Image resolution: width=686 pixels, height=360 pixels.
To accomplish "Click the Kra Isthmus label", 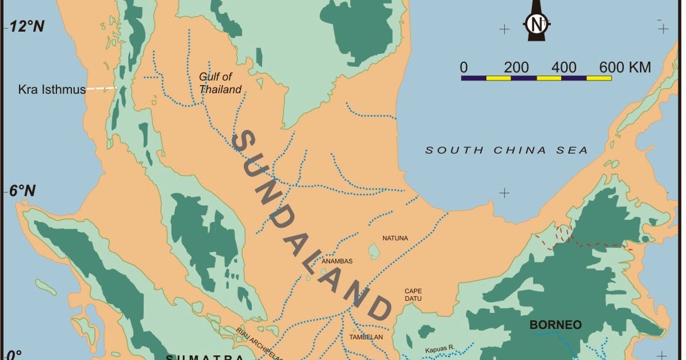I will point(52,90).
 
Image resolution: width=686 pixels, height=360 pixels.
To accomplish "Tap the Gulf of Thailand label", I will point(220,83).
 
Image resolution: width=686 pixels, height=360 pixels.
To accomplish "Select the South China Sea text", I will point(506,150).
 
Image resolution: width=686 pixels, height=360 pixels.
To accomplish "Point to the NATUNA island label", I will point(395,238).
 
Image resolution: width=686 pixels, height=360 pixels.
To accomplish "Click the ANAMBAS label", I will point(337,261).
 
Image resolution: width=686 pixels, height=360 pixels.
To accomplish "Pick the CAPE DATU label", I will point(413,295).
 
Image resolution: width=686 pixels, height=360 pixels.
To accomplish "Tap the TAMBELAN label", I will point(362,337).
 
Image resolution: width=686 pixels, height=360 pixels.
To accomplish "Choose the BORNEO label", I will point(555,325).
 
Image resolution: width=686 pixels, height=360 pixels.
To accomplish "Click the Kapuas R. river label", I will point(440,349).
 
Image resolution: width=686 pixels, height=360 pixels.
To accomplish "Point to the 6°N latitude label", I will point(22,191).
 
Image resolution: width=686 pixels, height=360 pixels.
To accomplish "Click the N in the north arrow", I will point(536,24).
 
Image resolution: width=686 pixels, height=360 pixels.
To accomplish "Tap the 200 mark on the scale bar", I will point(516,67).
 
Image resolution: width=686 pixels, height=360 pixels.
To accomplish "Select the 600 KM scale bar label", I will point(624,67).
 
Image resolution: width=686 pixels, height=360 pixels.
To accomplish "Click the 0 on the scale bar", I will point(463,67).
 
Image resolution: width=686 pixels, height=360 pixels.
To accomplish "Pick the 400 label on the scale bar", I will point(564,67).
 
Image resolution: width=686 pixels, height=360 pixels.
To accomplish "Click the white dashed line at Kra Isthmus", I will point(102,89).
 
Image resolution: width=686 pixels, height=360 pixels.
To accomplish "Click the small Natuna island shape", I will point(374,251).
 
